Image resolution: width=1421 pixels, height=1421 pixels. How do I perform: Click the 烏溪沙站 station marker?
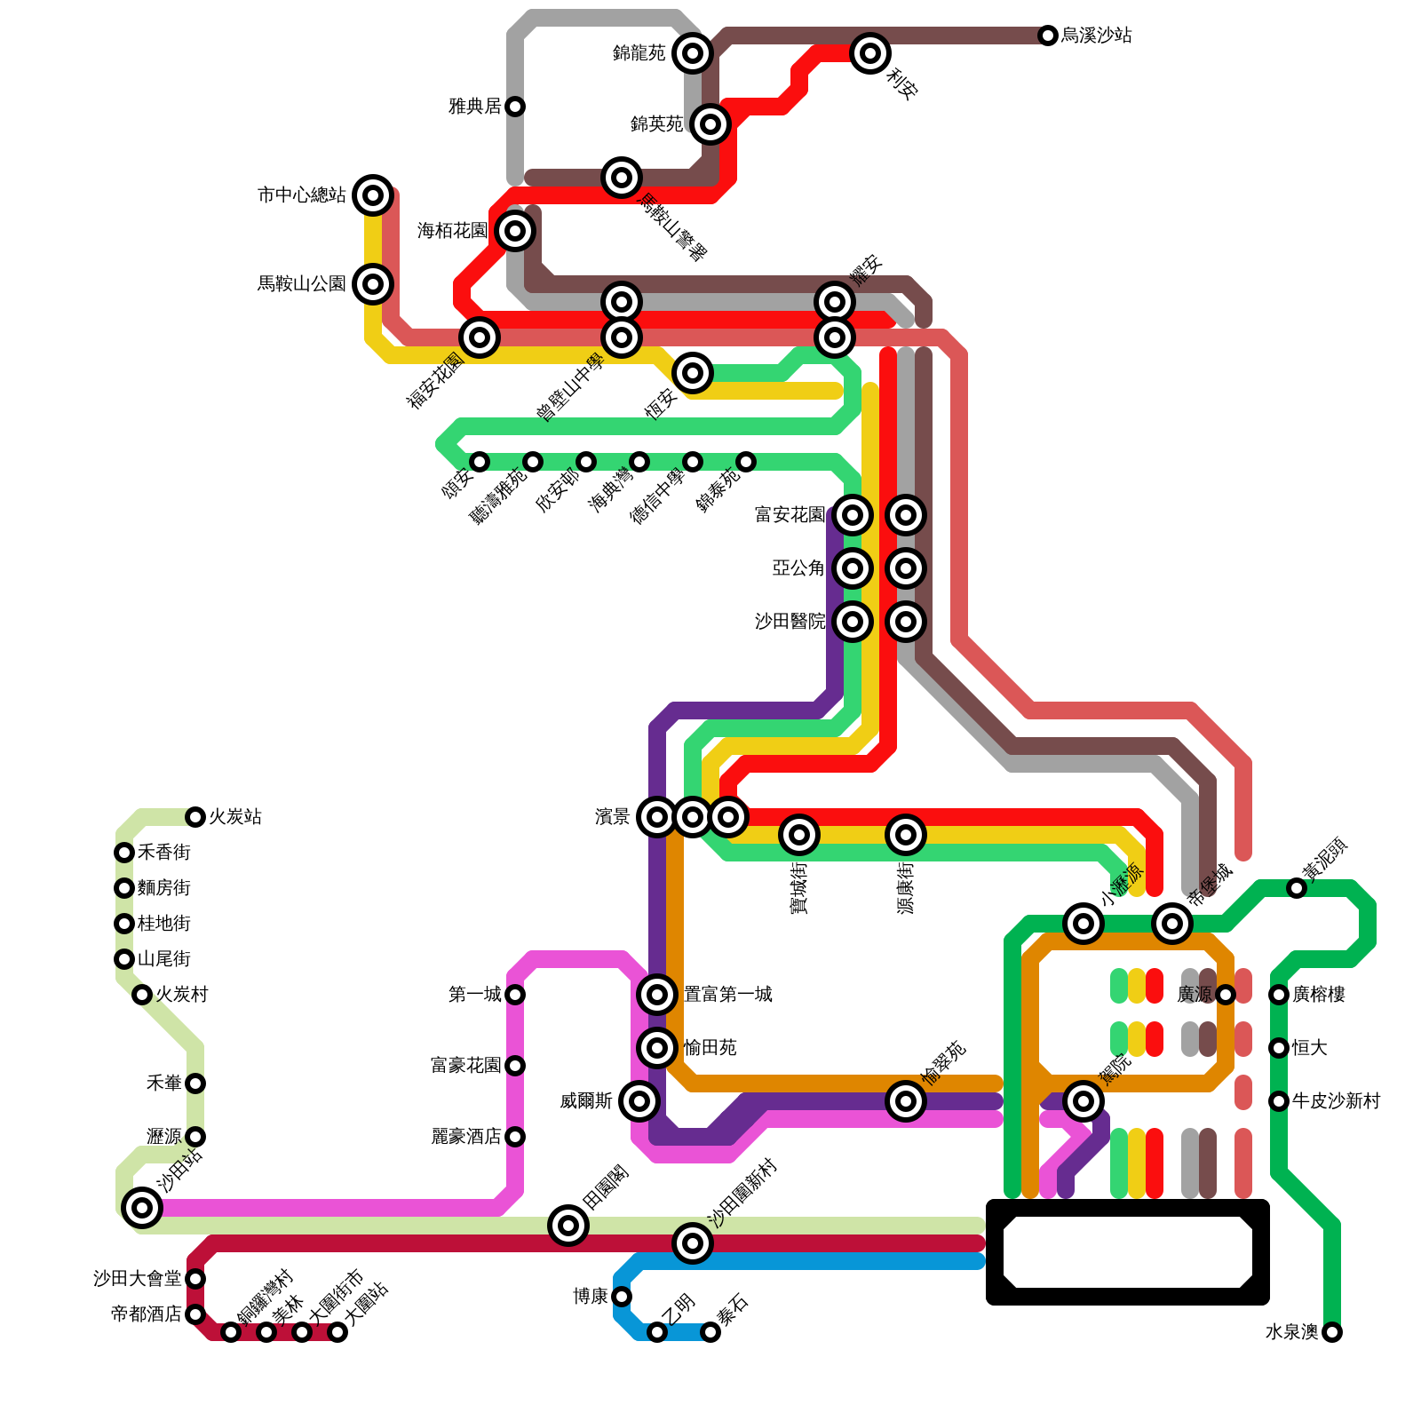(1048, 36)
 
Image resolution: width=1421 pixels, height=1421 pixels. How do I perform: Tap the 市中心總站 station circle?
(373, 195)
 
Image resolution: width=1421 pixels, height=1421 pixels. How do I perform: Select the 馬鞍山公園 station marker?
(373, 284)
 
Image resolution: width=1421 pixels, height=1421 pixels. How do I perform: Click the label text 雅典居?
(475, 107)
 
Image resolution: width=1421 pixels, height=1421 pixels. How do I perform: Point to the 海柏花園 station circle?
(515, 231)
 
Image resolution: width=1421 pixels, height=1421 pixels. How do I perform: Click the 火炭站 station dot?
(195, 817)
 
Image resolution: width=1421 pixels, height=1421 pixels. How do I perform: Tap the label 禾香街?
(164, 853)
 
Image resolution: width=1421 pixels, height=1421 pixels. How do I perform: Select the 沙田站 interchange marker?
(142, 1208)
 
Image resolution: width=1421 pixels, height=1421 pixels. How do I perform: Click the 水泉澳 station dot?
(1332, 1332)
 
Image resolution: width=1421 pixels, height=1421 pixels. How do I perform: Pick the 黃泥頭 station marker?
(1297, 888)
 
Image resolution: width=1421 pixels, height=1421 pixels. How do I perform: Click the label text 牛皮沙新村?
(1336, 1101)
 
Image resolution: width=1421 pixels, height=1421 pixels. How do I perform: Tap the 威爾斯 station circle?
(639, 1101)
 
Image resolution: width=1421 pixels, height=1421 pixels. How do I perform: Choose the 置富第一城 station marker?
(657, 995)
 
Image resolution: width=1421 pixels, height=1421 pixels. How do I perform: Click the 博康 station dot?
(622, 1297)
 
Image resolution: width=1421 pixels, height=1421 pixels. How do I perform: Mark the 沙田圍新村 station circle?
(693, 1243)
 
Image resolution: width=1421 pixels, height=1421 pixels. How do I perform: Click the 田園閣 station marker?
(568, 1226)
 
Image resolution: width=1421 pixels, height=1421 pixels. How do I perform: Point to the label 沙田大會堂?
(138, 1279)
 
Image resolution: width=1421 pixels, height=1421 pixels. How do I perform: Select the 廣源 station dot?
(1226, 995)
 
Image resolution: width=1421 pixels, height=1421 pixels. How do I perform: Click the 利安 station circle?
(870, 53)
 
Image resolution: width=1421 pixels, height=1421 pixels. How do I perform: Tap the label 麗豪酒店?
(466, 1137)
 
